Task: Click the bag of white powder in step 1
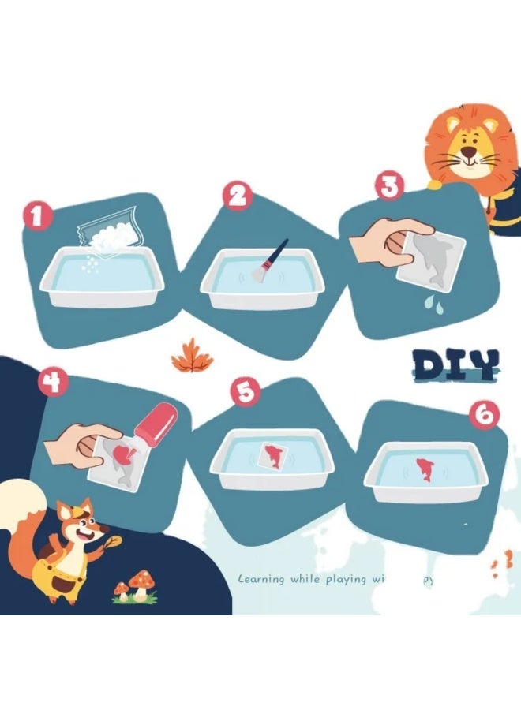tap(111, 230)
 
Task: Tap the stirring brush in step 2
tap(269, 259)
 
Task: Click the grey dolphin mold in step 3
tap(430, 258)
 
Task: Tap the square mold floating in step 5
tap(272, 456)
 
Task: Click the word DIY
tap(455, 364)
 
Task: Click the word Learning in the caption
tap(261, 579)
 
